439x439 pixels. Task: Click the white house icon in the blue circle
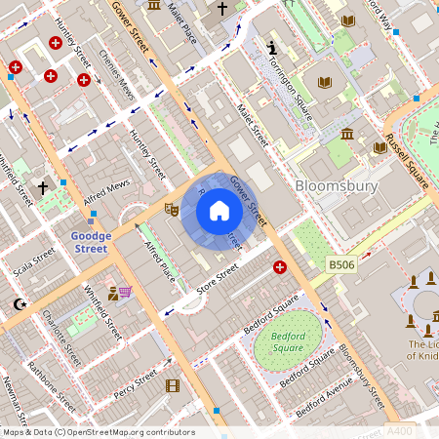[x=219, y=211]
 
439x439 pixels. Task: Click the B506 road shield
[x=340, y=264]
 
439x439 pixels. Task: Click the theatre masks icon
[x=171, y=208]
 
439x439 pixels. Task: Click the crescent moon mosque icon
[x=18, y=304]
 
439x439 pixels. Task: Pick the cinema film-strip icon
[x=173, y=385]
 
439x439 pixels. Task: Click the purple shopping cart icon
[x=124, y=291]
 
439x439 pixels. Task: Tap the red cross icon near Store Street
[x=280, y=266]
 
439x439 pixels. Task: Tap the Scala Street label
[x=24, y=260]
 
